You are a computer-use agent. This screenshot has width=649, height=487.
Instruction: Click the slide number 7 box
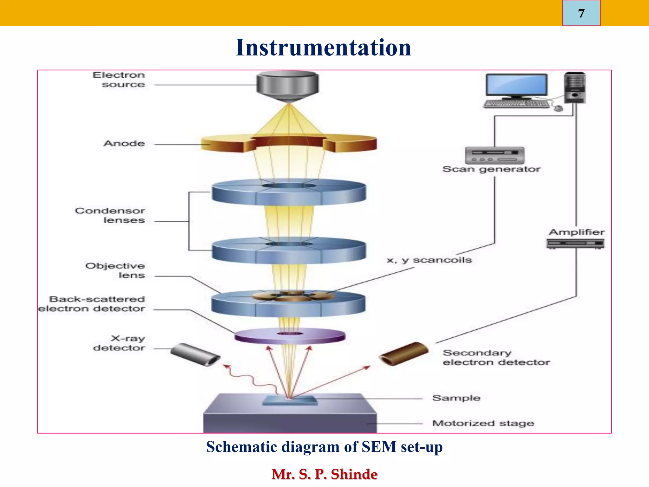pos(581,13)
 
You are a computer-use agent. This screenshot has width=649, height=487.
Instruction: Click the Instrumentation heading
pos(323,48)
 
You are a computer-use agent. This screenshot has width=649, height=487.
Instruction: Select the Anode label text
pos(124,143)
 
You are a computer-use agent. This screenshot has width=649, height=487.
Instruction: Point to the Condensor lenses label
pos(110,215)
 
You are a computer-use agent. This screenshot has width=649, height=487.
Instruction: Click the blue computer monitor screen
pos(517,85)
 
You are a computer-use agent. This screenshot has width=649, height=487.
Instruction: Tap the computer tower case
pos(575,88)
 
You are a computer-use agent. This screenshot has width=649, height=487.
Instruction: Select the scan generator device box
pos(494,155)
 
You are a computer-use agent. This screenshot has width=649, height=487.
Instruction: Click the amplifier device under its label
pos(575,243)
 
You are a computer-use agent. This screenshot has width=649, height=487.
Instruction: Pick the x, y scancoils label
pos(429,260)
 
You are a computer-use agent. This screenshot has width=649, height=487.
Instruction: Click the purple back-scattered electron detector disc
pos(290,336)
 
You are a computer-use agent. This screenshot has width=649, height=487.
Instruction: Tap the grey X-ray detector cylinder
pos(195,354)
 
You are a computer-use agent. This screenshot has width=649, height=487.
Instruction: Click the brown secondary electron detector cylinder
pos(404,354)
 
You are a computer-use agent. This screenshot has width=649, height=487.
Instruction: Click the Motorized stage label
pos(483,423)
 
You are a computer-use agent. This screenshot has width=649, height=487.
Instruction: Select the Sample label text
pos(456,398)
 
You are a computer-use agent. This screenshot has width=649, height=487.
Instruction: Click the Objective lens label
pos(115,270)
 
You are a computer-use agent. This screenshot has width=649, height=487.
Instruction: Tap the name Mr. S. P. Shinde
pos(324,474)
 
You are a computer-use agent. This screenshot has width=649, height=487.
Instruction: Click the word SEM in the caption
pos(379,447)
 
